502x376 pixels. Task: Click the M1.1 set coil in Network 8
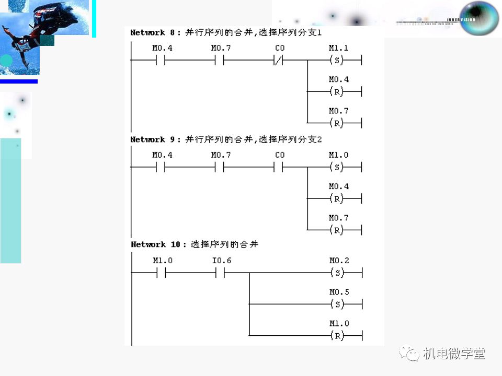(338, 60)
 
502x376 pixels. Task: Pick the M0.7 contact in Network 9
(220, 167)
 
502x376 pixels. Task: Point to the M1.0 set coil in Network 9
(338, 167)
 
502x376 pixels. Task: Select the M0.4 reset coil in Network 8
(338, 91)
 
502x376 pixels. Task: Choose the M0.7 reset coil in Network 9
(338, 230)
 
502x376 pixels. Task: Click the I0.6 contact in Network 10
(220, 273)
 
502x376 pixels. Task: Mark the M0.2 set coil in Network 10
(338, 273)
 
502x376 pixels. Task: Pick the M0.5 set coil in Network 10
(338, 304)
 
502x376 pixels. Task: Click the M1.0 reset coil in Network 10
(338, 335)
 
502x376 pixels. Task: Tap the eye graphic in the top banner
(479, 18)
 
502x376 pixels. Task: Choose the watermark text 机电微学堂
(454, 354)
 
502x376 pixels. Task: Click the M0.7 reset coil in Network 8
(338, 123)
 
